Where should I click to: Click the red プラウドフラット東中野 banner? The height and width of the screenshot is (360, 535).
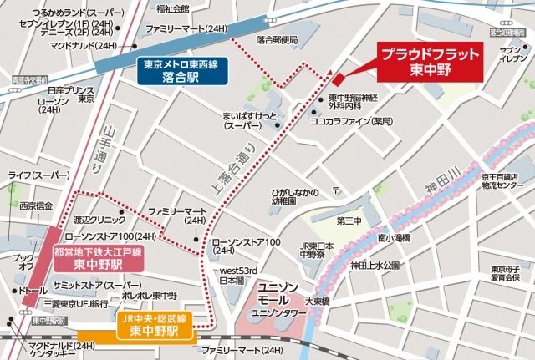(431, 63)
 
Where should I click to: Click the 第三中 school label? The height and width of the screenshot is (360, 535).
(349, 222)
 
